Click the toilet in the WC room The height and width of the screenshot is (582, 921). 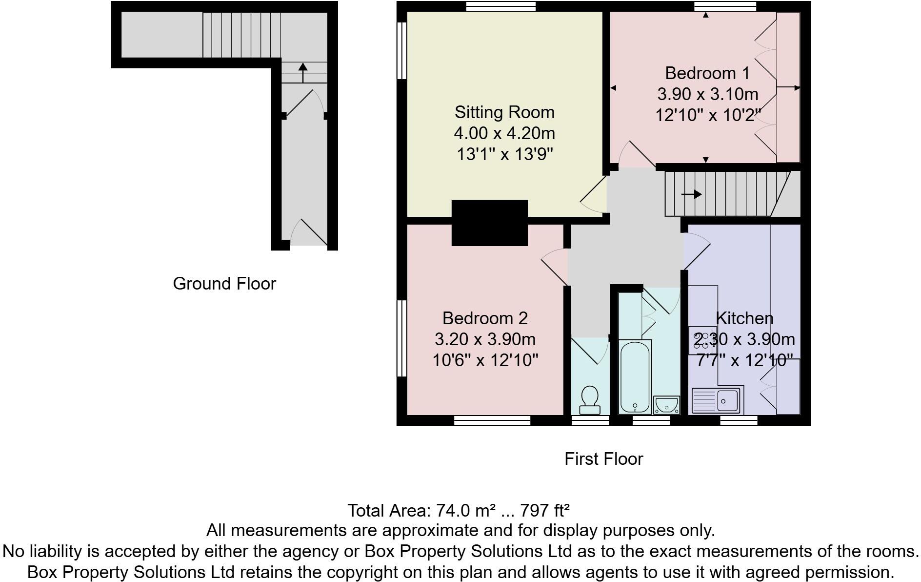[x=590, y=399]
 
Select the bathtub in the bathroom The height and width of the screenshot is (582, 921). [x=635, y=376]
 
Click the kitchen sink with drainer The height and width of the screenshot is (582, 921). [x=717, y=400]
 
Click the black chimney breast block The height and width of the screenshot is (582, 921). [x=489, y=223]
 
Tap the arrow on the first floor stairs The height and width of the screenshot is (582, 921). [x=691, y=194]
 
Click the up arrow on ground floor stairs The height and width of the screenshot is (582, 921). [x=303, y=73]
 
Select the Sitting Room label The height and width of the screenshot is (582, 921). [x=504, y=112]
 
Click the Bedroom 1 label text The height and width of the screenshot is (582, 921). [x=706, y=73]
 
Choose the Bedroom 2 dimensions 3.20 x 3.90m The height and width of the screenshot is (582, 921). [x=485, y=339]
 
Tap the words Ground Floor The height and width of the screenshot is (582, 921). [x=224, y=284]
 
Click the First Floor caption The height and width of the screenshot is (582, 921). [x=603, y=459]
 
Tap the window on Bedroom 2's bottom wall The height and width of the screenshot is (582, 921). [x=492, y=420]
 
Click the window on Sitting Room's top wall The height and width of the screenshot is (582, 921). [x=501, y=6]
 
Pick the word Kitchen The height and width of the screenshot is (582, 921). [x=744, y=318]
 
